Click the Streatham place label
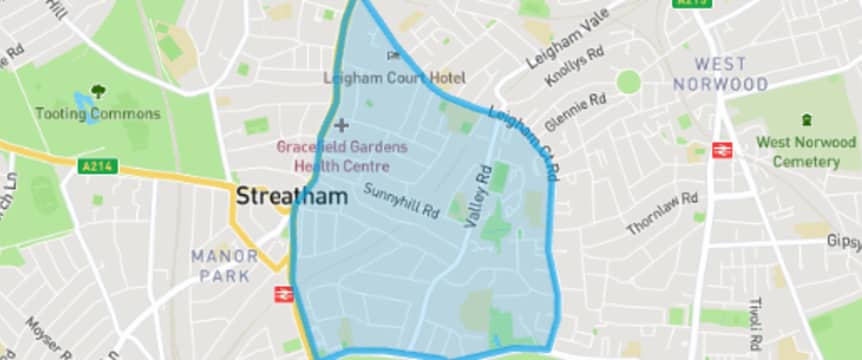point(292,196)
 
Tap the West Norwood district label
point(722,73)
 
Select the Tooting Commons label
point(98,113)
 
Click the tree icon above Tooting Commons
point(98,92)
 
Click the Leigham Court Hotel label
point(394,77)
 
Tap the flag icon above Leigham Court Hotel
point(393,56)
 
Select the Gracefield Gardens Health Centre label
point(334,156)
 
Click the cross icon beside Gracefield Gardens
point(341,125)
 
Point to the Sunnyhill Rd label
point(402,200)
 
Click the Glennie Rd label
point(576,112)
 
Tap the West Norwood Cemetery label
point(805,151)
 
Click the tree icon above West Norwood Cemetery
point(808,120)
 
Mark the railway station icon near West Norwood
point(722,150)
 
